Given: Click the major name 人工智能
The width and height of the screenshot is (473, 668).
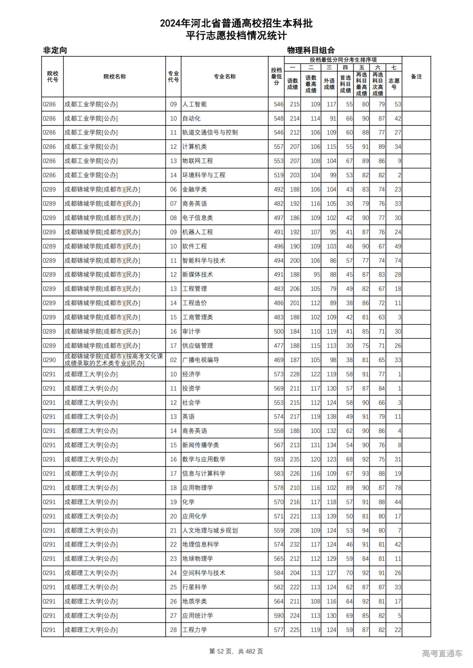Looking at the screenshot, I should (194, 104).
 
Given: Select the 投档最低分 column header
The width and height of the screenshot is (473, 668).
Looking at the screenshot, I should (276, 76).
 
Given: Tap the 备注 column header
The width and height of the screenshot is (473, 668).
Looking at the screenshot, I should (416, 76).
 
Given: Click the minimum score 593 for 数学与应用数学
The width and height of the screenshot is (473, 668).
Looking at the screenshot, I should (278, 459).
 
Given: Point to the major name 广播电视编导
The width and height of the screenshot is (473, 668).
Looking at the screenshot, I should (200, 360).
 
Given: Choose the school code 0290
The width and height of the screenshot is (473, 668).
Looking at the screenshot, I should (49, 360).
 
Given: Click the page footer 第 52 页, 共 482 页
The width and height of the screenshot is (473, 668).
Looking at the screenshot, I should (236, 651).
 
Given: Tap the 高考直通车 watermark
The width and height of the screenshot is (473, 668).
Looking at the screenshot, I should (442, 653).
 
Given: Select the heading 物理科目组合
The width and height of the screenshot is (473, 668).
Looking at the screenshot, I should (311, 50).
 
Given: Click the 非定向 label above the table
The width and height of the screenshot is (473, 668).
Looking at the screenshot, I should (55, 50).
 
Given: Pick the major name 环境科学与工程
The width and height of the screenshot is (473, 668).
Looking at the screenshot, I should (204, 175).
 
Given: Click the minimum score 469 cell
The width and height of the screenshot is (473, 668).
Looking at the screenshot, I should (278, 360).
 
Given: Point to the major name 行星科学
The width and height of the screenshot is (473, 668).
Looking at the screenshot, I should (194, 587).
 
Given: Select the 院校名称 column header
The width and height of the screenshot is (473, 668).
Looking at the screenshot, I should (115, 76).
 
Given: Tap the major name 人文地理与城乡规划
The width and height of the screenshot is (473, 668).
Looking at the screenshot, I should (210, 530).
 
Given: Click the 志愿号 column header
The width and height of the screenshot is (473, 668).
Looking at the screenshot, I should (394, 84).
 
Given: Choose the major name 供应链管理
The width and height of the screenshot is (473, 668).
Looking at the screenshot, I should (197, 346).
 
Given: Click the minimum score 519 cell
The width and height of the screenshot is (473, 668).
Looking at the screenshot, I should (278, 175).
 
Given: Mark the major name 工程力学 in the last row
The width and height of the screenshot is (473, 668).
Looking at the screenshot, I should (194, 630).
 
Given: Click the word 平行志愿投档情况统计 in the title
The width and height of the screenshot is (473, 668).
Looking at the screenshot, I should (236, 36).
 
